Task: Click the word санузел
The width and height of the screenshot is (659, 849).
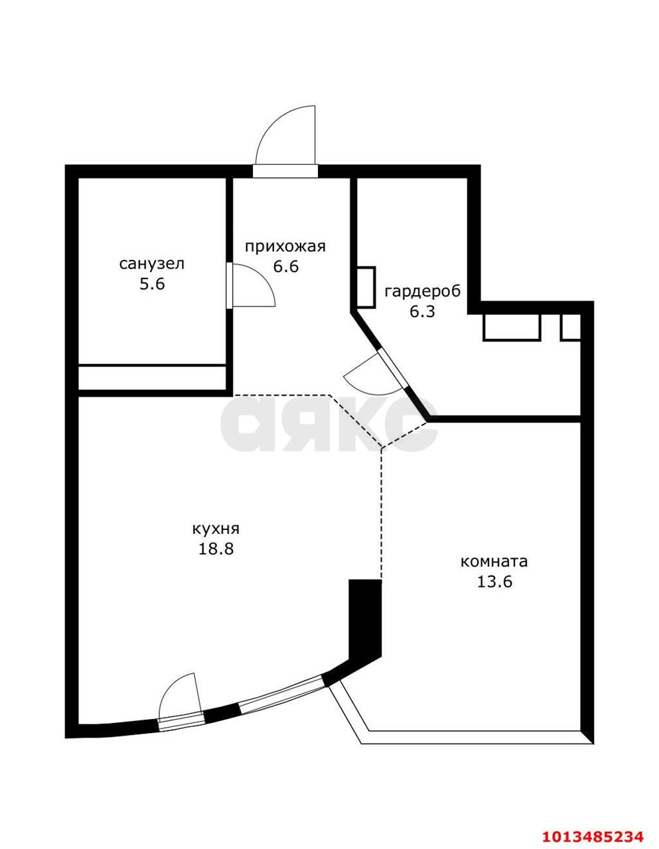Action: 151,264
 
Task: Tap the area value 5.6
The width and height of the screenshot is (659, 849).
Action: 151,285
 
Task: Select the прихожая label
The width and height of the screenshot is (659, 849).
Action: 285,247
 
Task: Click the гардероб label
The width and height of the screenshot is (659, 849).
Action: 422,291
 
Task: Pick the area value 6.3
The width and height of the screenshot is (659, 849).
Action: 421,311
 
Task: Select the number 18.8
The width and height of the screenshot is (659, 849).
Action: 215,549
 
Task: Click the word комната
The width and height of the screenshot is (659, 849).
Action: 494,561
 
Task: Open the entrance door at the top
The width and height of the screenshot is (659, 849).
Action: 287,138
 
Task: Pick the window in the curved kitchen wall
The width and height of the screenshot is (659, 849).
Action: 281,694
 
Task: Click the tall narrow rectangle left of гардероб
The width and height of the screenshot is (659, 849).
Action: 366,287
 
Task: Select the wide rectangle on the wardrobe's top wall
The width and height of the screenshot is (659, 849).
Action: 512,326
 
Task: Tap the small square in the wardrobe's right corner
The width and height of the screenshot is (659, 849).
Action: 571,327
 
